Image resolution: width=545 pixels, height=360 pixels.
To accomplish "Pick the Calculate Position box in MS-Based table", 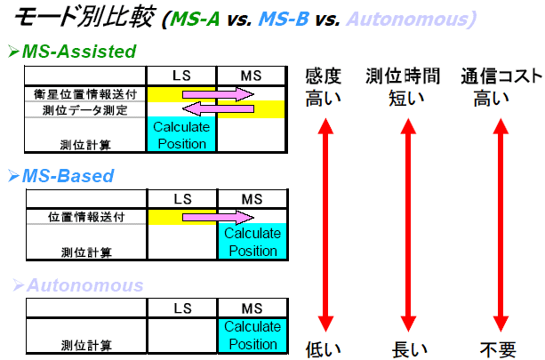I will [x=252, y=241].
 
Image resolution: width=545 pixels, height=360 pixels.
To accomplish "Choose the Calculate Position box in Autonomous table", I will [x=252, y=335].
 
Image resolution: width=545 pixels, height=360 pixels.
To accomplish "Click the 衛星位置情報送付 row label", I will [x=86, y=93].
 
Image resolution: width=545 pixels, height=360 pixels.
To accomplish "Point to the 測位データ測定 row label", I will [x=86, y=109].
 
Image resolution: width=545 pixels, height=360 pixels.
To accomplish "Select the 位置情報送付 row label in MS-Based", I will [x=86, y=216].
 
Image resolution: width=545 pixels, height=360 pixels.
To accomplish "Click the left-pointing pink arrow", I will [x=217, y=108].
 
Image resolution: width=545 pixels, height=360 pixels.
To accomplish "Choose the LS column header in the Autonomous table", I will [x=182, y=307].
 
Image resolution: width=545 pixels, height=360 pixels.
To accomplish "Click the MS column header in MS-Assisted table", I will [x=252, y=75].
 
